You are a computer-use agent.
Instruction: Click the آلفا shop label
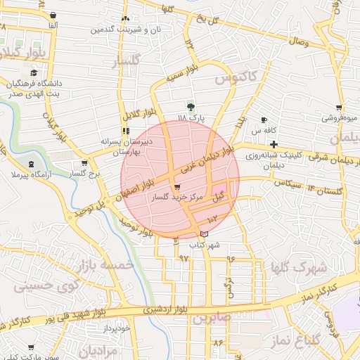pos(51,25)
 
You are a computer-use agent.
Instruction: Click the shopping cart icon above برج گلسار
pos(84,164)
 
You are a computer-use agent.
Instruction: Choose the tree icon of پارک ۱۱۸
pos(191,106)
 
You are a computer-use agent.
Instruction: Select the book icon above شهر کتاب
pos(204,234)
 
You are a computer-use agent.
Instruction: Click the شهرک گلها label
pos(300,268)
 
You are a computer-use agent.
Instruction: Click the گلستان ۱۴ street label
pos(324,189)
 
